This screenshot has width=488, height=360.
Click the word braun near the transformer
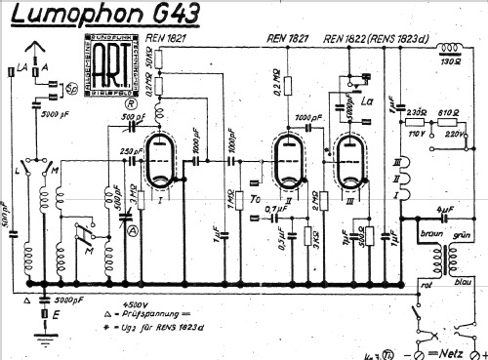tap(426, 235)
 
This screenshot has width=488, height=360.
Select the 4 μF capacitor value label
tap(444, 210)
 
